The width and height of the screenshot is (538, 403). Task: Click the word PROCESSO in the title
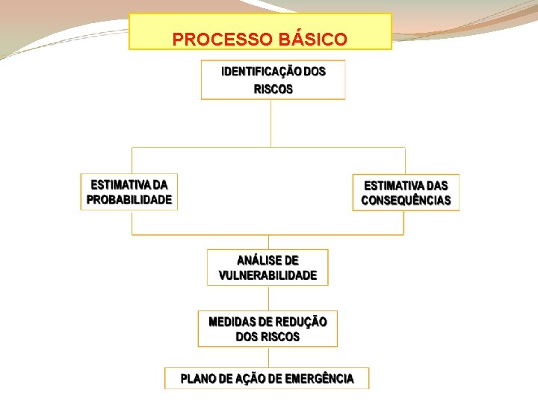point(216,39)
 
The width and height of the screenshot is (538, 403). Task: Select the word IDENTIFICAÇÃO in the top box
point(261,72)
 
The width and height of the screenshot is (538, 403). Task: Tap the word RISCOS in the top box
point(273,89)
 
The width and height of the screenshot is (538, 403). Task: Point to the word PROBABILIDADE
point(129,200)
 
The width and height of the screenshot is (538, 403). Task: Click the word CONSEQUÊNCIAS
point(406,201)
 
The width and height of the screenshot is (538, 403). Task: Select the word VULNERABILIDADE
point(268,275)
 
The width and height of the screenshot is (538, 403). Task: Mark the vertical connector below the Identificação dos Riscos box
point(270,123)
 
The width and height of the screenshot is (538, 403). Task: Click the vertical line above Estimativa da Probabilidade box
point(132,160)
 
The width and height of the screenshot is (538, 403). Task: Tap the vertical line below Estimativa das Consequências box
point(404,222)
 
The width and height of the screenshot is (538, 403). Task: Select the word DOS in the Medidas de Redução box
point(247,337)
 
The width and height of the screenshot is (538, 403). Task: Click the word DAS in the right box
point(436,184)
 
